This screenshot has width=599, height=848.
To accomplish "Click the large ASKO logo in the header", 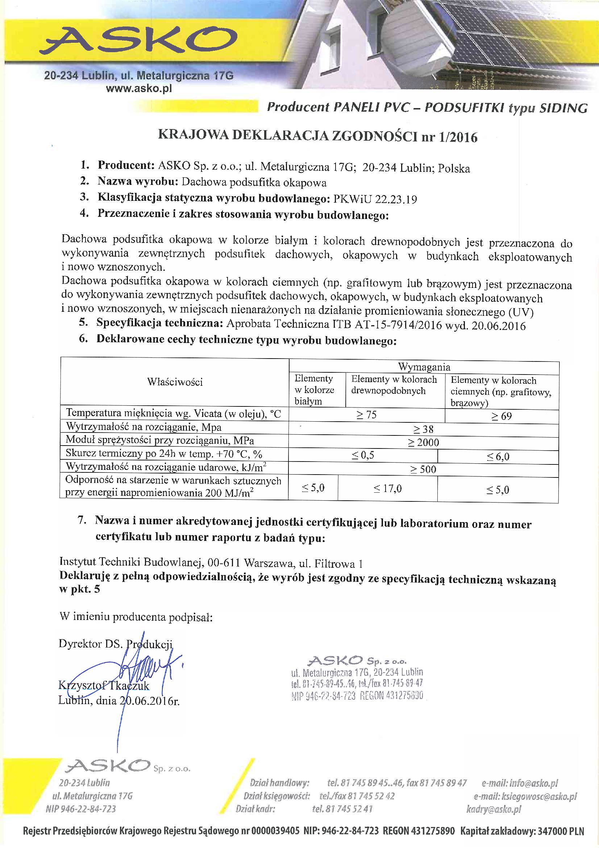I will (x=138, y=40).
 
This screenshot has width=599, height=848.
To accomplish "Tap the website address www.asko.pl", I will (x=139, y=88).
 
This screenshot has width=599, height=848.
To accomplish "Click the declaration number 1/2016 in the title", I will (x=458, y=137).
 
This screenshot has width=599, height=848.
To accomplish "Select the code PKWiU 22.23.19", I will (x=375, y=199).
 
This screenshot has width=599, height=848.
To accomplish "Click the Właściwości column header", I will (x=175, y=382).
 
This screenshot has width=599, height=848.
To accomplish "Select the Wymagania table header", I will (x=424, y=367).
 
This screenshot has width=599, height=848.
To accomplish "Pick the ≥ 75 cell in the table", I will (x=366, y=415).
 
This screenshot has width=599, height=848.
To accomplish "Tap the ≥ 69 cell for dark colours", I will (x=502, y=416).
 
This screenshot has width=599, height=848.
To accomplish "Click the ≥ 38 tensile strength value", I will (x=423, y=429).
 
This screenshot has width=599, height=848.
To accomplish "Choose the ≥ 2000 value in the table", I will (x=423, y=442).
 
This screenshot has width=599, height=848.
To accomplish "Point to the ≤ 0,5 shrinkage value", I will (x=363, y=455).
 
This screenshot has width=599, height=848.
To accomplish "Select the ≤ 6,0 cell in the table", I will (x=498, y=456).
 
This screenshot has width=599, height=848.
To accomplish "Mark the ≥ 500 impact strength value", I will (x=423, y=469).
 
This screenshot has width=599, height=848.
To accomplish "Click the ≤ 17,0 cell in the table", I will (x=387, y=489).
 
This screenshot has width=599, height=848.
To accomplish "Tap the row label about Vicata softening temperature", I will (x=174, y=414).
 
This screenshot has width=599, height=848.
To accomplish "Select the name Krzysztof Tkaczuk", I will (x=104, y=686).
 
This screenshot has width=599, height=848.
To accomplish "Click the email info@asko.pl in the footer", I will (x=520, y=783).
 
